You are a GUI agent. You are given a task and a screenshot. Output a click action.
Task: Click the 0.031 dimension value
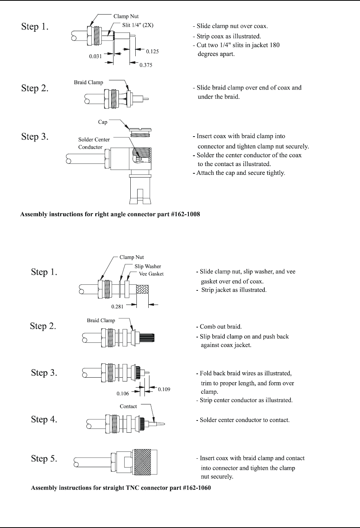[96, 56]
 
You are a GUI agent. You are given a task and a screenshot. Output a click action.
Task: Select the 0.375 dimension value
[146, 65]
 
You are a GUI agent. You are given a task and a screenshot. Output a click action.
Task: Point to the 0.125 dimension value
[152, 51]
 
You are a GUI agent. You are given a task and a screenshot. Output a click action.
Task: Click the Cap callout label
[102, 122]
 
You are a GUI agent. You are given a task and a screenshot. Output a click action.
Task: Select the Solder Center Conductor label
[94, 143]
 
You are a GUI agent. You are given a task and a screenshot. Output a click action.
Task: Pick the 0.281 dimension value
[117, 306]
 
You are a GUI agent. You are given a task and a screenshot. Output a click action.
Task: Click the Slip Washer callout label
[148, 266]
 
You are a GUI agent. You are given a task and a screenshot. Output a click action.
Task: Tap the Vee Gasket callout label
[151, 274]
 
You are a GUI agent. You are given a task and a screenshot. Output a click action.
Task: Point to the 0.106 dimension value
[123, 393]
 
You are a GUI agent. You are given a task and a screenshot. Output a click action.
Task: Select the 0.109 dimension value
[164, 389]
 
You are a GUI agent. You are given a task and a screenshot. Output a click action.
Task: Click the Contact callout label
[128, 406]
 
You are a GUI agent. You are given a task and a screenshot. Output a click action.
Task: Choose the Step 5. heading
[44, 458]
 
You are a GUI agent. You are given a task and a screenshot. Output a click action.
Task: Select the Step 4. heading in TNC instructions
[44, 419]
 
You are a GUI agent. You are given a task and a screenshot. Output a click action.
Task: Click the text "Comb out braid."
[221, 327]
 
